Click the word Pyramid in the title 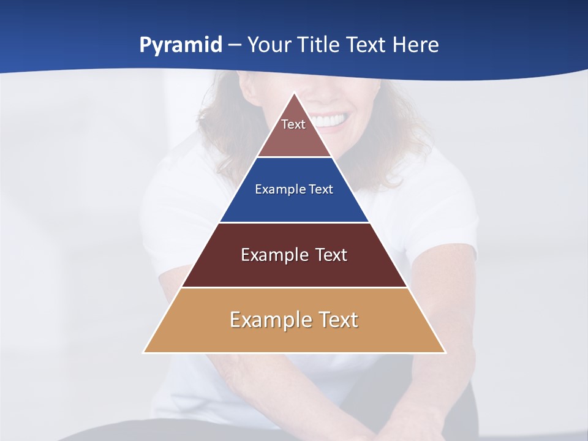tap(181, 45)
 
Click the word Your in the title tap(268, 45)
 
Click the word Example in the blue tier tap(277, 189)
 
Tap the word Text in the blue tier tap(320, 189)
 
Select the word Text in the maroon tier tap(331, 255)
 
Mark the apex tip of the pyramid tap(295, 94)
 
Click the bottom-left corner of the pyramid tap(145, 352)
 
